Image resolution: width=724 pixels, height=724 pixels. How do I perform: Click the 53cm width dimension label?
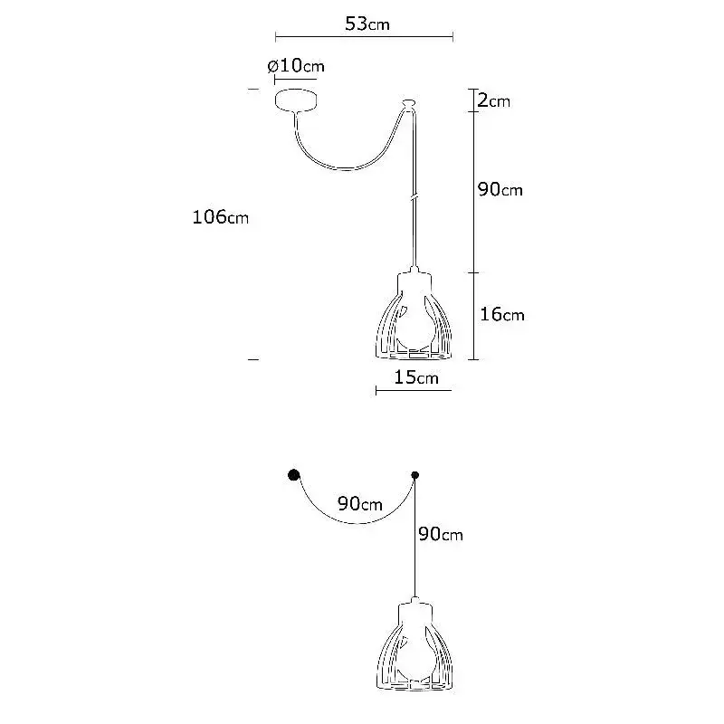click(x=367, y=24)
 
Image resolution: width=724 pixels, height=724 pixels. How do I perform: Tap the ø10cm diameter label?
click(x=296, y=66)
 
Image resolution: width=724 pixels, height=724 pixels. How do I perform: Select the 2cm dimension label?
click(x=493, y=100)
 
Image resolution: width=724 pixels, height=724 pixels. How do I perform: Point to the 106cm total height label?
click(x=220, y=216)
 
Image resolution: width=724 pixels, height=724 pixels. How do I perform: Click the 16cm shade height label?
click(x=502, y=314)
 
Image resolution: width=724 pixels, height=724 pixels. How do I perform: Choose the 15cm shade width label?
click(x=416, y=377)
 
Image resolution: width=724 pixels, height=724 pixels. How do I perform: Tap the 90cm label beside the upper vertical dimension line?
click(x=500, y=189)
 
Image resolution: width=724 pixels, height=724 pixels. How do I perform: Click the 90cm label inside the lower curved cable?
click(x=359, y=503)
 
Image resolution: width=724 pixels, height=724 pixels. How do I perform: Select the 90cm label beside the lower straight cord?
click(x=441, y=534)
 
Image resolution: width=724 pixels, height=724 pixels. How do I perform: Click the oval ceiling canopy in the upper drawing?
click(x=296, y=100)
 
